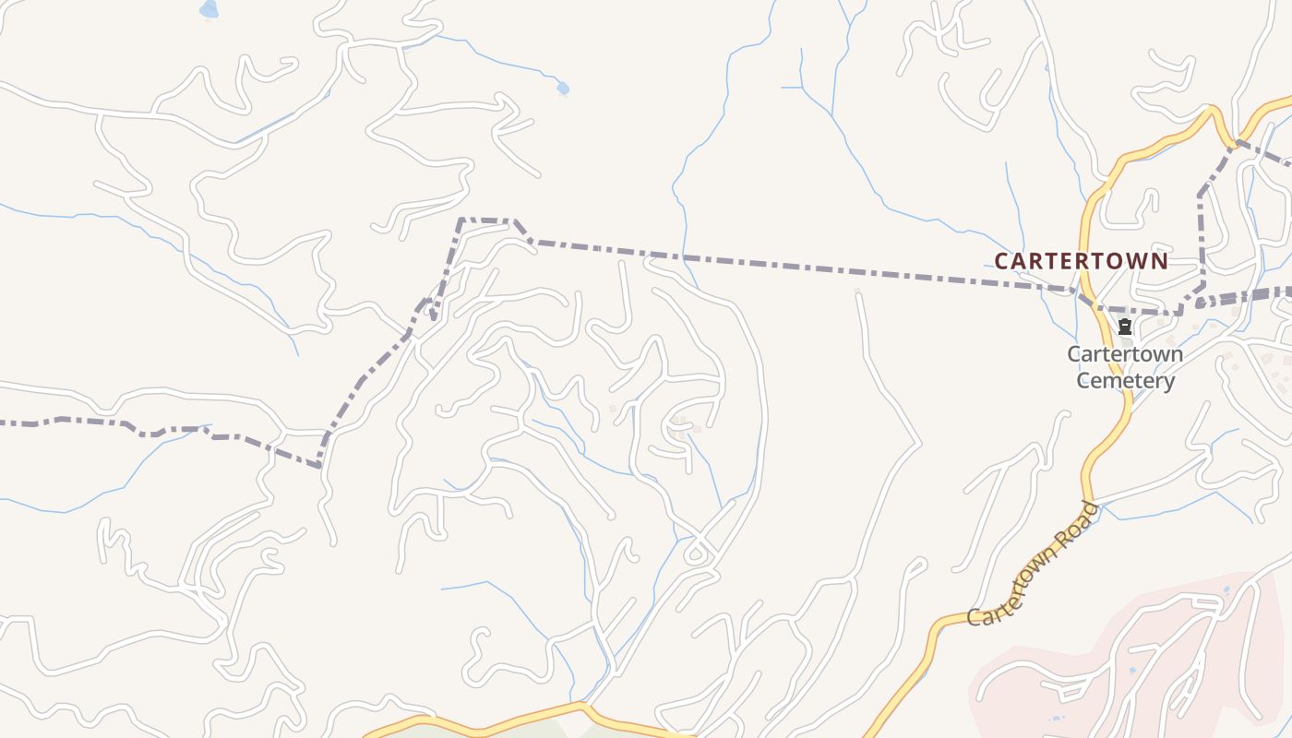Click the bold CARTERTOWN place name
coord(1081,261)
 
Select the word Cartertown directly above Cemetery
coord(1125,354)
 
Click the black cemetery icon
coord(1124,327)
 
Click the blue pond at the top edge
coord(209,9)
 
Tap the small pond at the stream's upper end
coord(562,89)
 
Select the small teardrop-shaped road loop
coord(695,555)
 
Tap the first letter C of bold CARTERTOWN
coord(1001,261)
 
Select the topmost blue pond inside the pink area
coord(1226,589)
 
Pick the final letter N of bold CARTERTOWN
coord(1160,261)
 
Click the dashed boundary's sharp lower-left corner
coord(319,466)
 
